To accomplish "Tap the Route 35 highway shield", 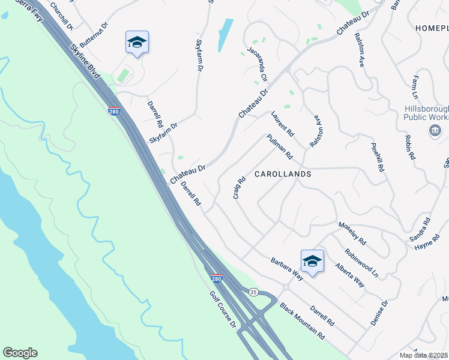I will tap(253, 292).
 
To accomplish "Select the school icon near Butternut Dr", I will tap(137, 42).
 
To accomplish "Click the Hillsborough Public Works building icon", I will tap(433, 131).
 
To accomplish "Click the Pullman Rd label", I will tap(280, 146).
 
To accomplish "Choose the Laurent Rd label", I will tap(282, 123).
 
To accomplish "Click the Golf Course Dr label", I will tap(224, 310).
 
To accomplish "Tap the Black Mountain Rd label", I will tap(301, 320).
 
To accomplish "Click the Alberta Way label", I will tap(350, 275).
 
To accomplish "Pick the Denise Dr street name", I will tap(379, 313).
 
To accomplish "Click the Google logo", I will tap(20, 353).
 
